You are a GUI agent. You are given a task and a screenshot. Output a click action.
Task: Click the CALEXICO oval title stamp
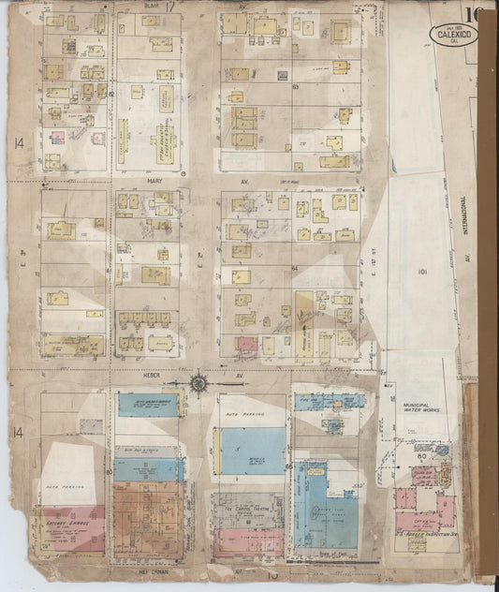453,35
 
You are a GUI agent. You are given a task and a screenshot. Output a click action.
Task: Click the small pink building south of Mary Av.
246,344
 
